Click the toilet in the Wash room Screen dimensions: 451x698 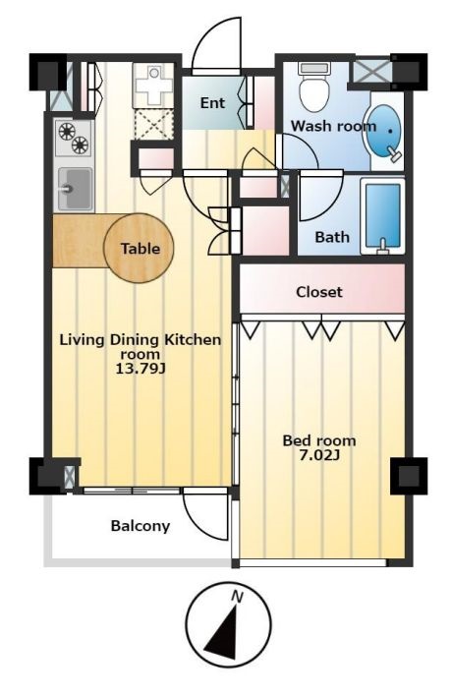click(x=314, y=87)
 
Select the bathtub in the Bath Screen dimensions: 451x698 click(x=382, y=216)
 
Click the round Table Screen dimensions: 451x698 click(x=139, y=248)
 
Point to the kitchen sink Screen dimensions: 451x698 click(x=75, y=189)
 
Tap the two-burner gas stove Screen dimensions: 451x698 click(x=73, y=138)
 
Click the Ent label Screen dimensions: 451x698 click(x=212, y=103)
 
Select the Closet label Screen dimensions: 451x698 click(x=319, y=292)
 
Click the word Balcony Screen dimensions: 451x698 click(x=141, y=526)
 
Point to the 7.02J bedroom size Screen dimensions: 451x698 click(x=318, y=455)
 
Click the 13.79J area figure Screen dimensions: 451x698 click(x=141, y=368)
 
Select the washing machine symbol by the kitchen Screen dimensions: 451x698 click(x=153, y=85)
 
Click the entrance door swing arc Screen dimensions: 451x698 click(x=216, y=43)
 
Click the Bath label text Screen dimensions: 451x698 click(x=332, y=237)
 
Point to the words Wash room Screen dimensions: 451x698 click(x=333, y=126)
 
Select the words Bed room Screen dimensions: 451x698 click(x=319, y=440)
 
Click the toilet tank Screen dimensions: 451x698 click(x=314, y=68)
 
